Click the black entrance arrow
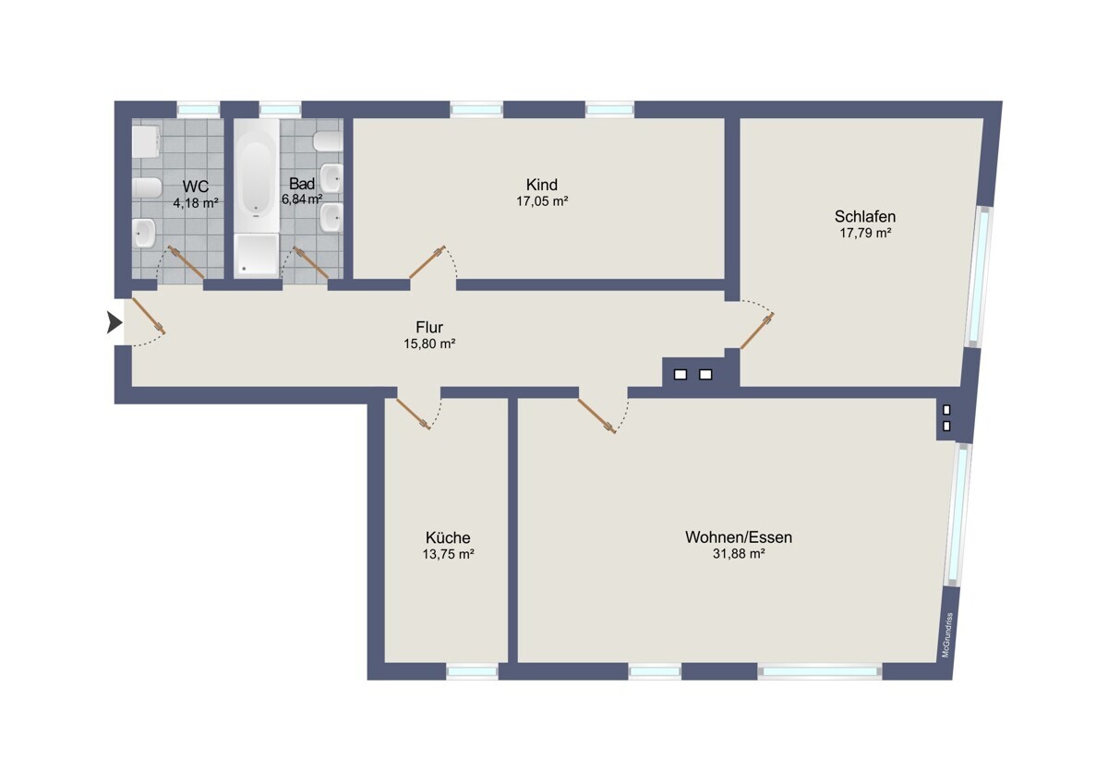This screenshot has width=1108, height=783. (x=114, y=322)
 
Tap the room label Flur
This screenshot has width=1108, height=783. (x=429, y=327)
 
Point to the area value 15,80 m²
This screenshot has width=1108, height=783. (x=429, y=343)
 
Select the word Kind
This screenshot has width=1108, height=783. (x=542, y=185)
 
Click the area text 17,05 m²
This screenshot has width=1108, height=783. (x=542, y=201)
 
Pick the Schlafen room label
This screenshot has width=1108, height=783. (x=865, y=216)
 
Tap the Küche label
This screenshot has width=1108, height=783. (x=448, y=537)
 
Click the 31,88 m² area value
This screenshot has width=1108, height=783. (x=739, y=553)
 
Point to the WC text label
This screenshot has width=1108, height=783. (x=196, y=187)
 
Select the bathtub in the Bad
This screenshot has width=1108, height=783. (x=257, y=175)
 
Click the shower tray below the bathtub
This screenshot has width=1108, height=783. (x=257, y=254)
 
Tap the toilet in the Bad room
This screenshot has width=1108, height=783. (x=328, y=141)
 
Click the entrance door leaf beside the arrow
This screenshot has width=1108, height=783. (x=149, y=315)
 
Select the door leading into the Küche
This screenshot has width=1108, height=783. (x=413, y=414)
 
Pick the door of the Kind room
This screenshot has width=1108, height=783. (x=428, y=261)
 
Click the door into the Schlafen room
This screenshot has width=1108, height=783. (x=757, y=331)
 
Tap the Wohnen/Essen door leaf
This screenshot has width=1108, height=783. (x=597, y=416)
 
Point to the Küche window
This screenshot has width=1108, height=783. (x=472, y=671)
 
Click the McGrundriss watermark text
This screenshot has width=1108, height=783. (x=946, y=635)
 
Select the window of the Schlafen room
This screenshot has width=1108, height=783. (x=980, y=277)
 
